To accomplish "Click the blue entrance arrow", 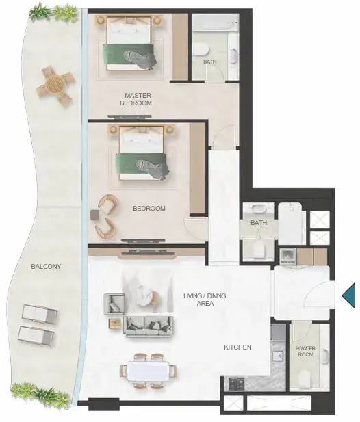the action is click(349, 295).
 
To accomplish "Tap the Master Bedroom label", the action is click(136, 99).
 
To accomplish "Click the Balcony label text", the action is click(46, 267).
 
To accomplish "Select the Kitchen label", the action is click(237, 347).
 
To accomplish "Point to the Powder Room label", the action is click(306, 352).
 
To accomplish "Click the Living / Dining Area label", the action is click(205, 300).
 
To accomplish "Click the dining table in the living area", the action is click(149, 371).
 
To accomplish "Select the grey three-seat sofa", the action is click(148, 326).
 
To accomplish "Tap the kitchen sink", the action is click(277, 356).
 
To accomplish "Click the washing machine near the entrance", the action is click(288, 256).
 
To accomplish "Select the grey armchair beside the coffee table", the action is click(114, 304).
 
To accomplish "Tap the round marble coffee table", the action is click(144, 295).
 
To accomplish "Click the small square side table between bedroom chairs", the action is click(95, 215).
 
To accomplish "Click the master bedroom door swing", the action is click(224, 137).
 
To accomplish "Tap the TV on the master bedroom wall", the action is click(129, 116).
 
